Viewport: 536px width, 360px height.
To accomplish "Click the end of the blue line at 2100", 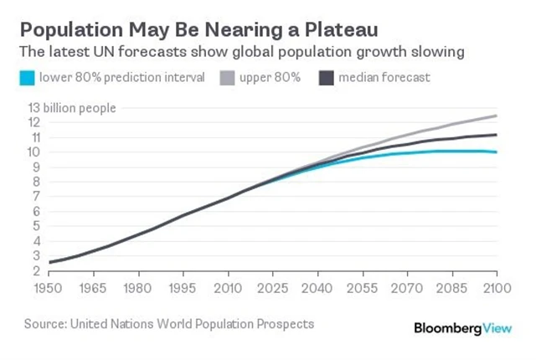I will point(497,152).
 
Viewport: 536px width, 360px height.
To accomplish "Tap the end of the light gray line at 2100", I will point(497,116).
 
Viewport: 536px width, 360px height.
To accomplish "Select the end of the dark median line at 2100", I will point(497,135).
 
